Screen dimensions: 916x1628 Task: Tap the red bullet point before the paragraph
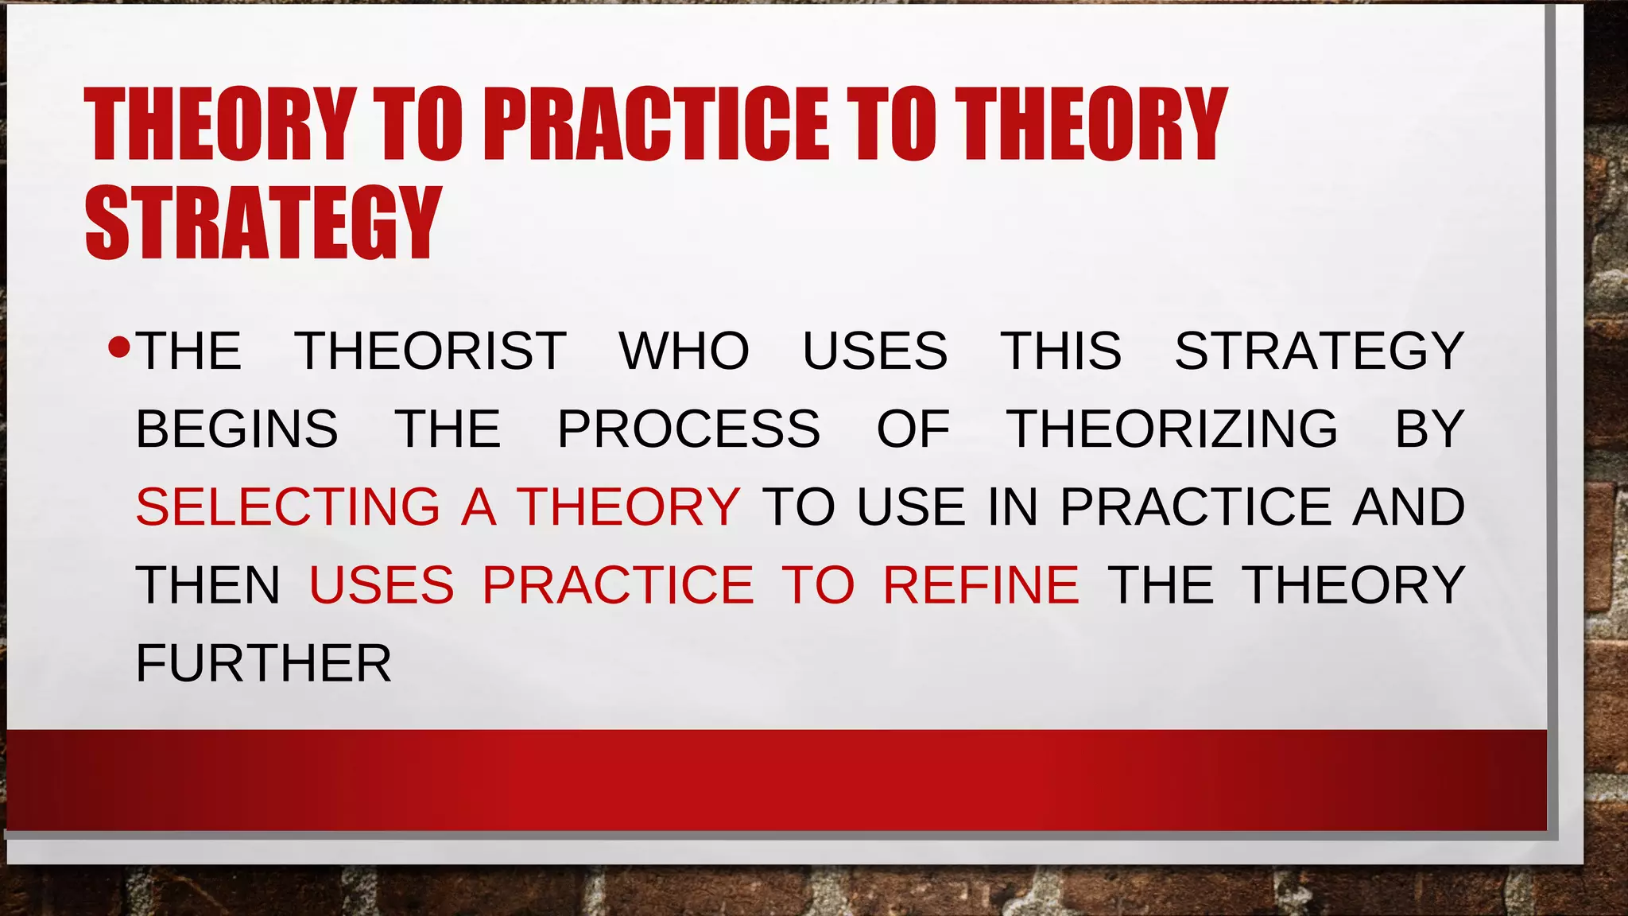coord(118,347)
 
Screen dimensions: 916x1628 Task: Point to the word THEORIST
coord(430,351)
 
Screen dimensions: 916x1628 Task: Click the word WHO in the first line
coord(684,351)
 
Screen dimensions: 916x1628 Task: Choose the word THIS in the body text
coord(1060,351)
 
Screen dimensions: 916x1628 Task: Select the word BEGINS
coord(237,429)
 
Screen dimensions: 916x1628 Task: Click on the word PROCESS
coord(688,429)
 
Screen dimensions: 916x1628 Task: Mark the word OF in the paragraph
coord(913,429)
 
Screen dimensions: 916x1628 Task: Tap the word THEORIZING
coord(1173,429)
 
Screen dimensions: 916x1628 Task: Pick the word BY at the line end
coord(1429,429)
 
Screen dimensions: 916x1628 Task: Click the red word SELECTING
coord(288,507)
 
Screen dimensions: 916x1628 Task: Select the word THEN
coord(208,584)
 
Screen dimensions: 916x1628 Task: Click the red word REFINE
coord(981,584)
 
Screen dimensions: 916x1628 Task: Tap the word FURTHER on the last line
coord(264,663)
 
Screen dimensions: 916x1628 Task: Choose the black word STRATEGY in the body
coord(1320,351)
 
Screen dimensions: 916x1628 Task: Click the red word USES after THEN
coord(382,584)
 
